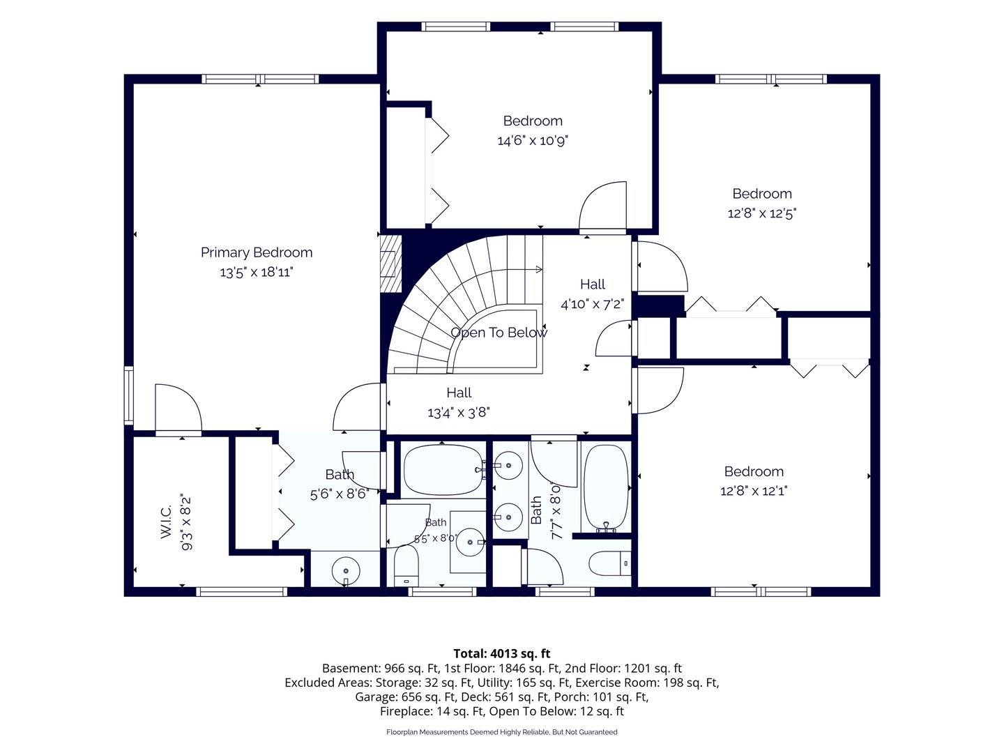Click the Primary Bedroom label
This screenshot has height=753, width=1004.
(256, 252)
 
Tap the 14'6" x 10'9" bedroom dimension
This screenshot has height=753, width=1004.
(533, 140)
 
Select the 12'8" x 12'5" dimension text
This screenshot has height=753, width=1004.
(762, 213)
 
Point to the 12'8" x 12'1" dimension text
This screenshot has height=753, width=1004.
(754, 491)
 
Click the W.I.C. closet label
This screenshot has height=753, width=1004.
(166, 522)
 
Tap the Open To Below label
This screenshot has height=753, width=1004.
(499, 333)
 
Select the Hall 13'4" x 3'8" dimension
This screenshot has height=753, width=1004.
(458, 413)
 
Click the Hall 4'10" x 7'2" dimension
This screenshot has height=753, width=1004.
(593, 304)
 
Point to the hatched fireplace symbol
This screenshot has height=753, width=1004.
(390, 264)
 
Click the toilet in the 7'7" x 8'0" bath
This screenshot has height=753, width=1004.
(609, 564)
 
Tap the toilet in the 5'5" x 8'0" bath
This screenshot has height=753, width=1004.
(406, 566)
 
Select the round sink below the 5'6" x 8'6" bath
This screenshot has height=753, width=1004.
(346, 572)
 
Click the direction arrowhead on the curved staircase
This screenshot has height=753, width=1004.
(539, 270)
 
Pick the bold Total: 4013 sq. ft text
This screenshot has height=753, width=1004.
(502, 653)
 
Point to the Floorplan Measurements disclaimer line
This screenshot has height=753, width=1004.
(502, 732)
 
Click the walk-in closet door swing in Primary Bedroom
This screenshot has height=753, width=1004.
(178, 407)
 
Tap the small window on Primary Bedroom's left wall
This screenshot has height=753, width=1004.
(129, 395)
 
